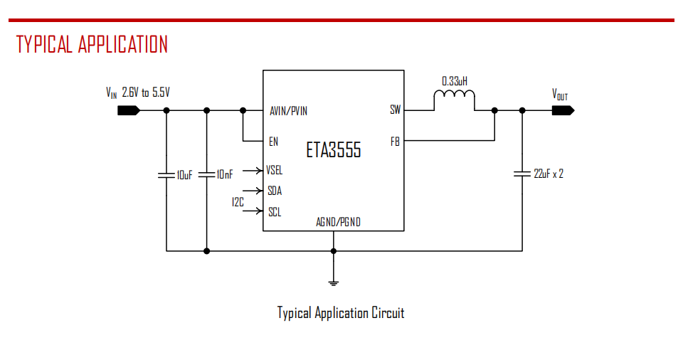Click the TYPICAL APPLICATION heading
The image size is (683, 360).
pos(92,44)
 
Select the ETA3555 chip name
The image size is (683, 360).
pos(334,150)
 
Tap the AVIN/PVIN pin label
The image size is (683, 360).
pos(289,111)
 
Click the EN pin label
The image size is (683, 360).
pos(273,142)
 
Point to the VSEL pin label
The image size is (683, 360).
pos(274,170)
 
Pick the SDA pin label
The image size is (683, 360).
pos(275,191)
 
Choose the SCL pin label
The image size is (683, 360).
pos(274,211)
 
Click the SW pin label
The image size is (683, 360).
pos(395,110)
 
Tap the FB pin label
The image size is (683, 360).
pos(395,141)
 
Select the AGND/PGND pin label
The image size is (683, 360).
pos(338,222)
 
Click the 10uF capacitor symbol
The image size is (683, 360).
pos(166,174)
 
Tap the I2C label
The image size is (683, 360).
pos(238,202)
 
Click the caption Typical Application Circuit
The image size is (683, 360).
pos(341,313)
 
